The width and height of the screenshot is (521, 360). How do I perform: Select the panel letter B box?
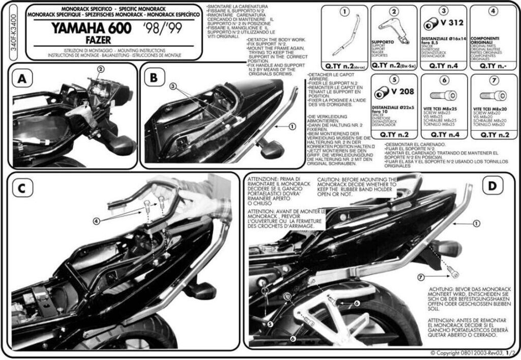pyautogui.click(x=154, y=77)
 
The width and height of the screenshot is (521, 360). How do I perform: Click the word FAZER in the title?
pyautogui.click(x=78, y=40)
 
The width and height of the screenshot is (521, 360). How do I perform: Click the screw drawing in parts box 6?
pyautogui.click(x=443, y=95)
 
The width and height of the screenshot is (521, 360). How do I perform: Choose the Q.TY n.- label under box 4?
pyautogui.click(x=490, y=65)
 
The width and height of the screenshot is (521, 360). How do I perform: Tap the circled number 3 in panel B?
pyautogui.click(x=173, y=87)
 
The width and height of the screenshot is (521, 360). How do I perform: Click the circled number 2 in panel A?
pyautogui.click(x=101, y=69)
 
